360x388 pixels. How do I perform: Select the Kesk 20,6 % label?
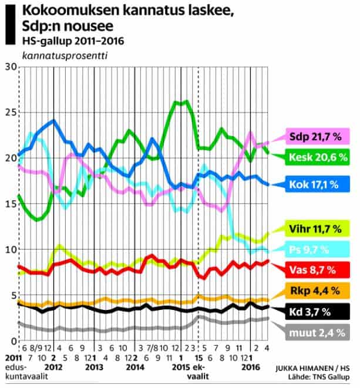click(315, 157)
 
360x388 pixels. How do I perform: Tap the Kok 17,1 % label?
click(315, 184)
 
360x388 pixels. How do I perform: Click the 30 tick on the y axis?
click(9, 67)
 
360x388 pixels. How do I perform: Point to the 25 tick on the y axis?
click(9, 113)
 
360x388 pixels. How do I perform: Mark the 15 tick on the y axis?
click(9, 204)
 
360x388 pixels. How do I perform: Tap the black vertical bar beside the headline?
click(10, 25)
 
